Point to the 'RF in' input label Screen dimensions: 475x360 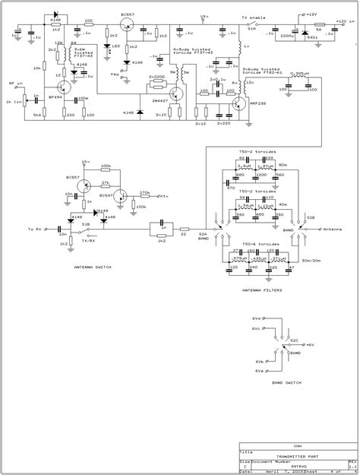[x=15, y=85]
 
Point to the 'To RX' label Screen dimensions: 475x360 [x=34, y=228]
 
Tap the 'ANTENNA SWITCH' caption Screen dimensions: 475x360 [x=95, y=268]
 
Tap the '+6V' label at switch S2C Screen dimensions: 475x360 [x=311, y=344]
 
